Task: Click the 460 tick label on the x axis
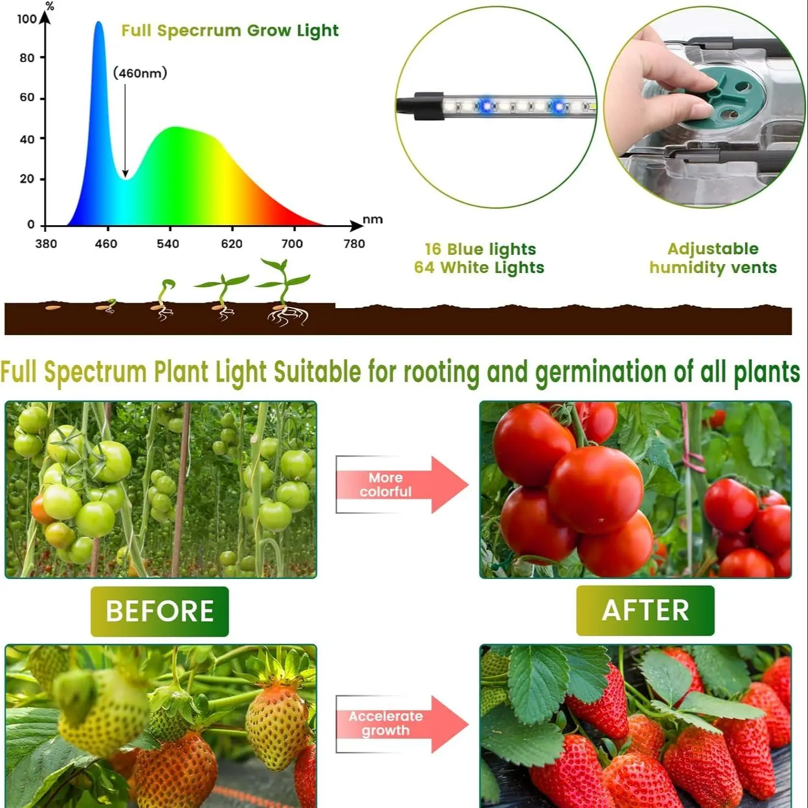[106, 244]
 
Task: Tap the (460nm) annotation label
[140, 73]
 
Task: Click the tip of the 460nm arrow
[125, 177]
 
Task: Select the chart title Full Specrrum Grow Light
[230, 31]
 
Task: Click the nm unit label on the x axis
[372, 219]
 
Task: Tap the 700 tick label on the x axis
[292, 244]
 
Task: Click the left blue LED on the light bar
[487, 106]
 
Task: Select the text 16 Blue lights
[481, 249]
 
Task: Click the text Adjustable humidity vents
[713, 258]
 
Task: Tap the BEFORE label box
[160, 611]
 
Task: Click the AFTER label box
[645, 610]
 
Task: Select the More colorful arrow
[402, 484]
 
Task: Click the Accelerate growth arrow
[402, 724]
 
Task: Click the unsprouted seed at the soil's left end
[53, 308]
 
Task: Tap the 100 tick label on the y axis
[27, 19]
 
